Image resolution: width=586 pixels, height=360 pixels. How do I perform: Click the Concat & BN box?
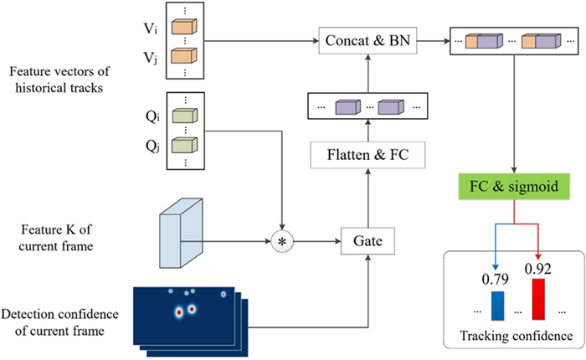coord(368,39)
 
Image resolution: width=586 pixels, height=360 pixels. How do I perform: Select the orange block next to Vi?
coord(182,28)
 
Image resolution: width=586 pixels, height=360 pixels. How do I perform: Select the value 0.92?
coord(536,268)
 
